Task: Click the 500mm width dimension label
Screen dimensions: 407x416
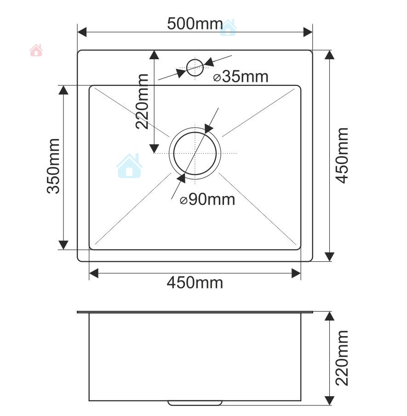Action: pos(195,23)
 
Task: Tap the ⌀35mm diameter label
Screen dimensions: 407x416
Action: pos(241,77)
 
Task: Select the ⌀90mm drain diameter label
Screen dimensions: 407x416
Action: pos(207,199)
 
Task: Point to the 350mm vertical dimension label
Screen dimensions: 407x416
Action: pos(53,166)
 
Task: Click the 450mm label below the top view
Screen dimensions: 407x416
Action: pos(195,282)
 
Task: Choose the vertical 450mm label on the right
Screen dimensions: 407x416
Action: pos(342,156)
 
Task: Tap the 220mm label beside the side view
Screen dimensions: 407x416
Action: pos(342,358)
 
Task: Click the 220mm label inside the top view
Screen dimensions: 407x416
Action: pos(142,101)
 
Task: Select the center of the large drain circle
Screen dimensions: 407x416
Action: pos(195,153)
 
